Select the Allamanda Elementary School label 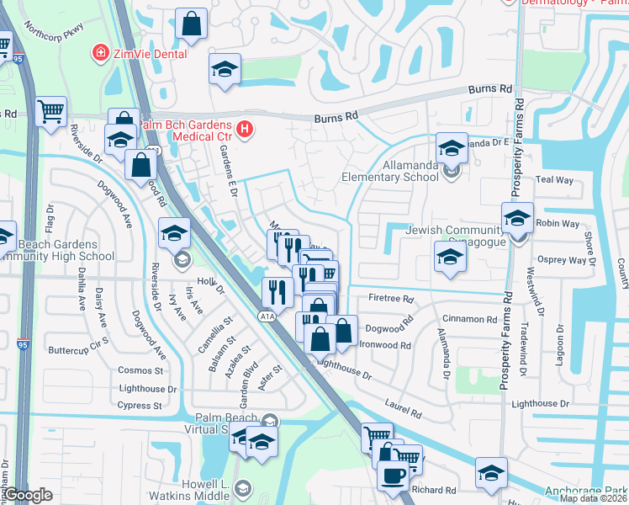point(389,172)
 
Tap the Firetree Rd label point(391,299)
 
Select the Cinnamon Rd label point(472,319)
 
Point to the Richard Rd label point(434,490)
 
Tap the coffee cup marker point(392,475)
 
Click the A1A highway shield point(267,316)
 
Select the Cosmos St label point(140,370)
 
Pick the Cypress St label point(140,406)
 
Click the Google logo point(29,495)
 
